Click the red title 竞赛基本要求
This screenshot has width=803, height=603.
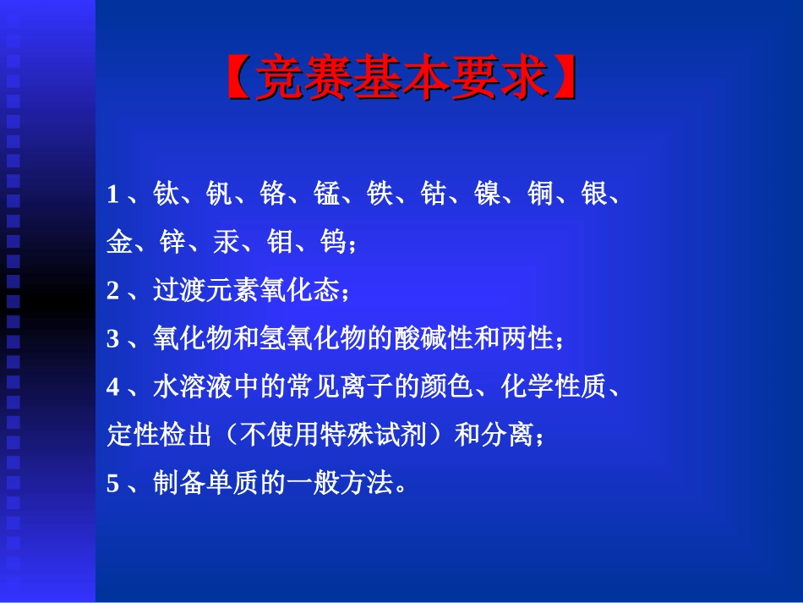tap(402, 79)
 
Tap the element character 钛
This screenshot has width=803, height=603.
tap(167, 195)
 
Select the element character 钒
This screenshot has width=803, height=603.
tap(220, 195)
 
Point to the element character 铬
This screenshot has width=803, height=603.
tap(273, 195)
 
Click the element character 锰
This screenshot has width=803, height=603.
tap(326, 195)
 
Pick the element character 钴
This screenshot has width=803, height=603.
tap(434, 195)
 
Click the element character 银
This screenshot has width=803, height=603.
tap(594, 195)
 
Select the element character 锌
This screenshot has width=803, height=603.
tap(172, 244)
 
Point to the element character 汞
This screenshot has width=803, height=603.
tap(227, 244)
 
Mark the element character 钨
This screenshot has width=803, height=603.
tap(333, 244)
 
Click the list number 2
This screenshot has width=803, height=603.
tap(112, 292)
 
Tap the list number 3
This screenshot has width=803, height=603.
tap(112, 340)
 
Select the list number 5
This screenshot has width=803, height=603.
tap(112, 484)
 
